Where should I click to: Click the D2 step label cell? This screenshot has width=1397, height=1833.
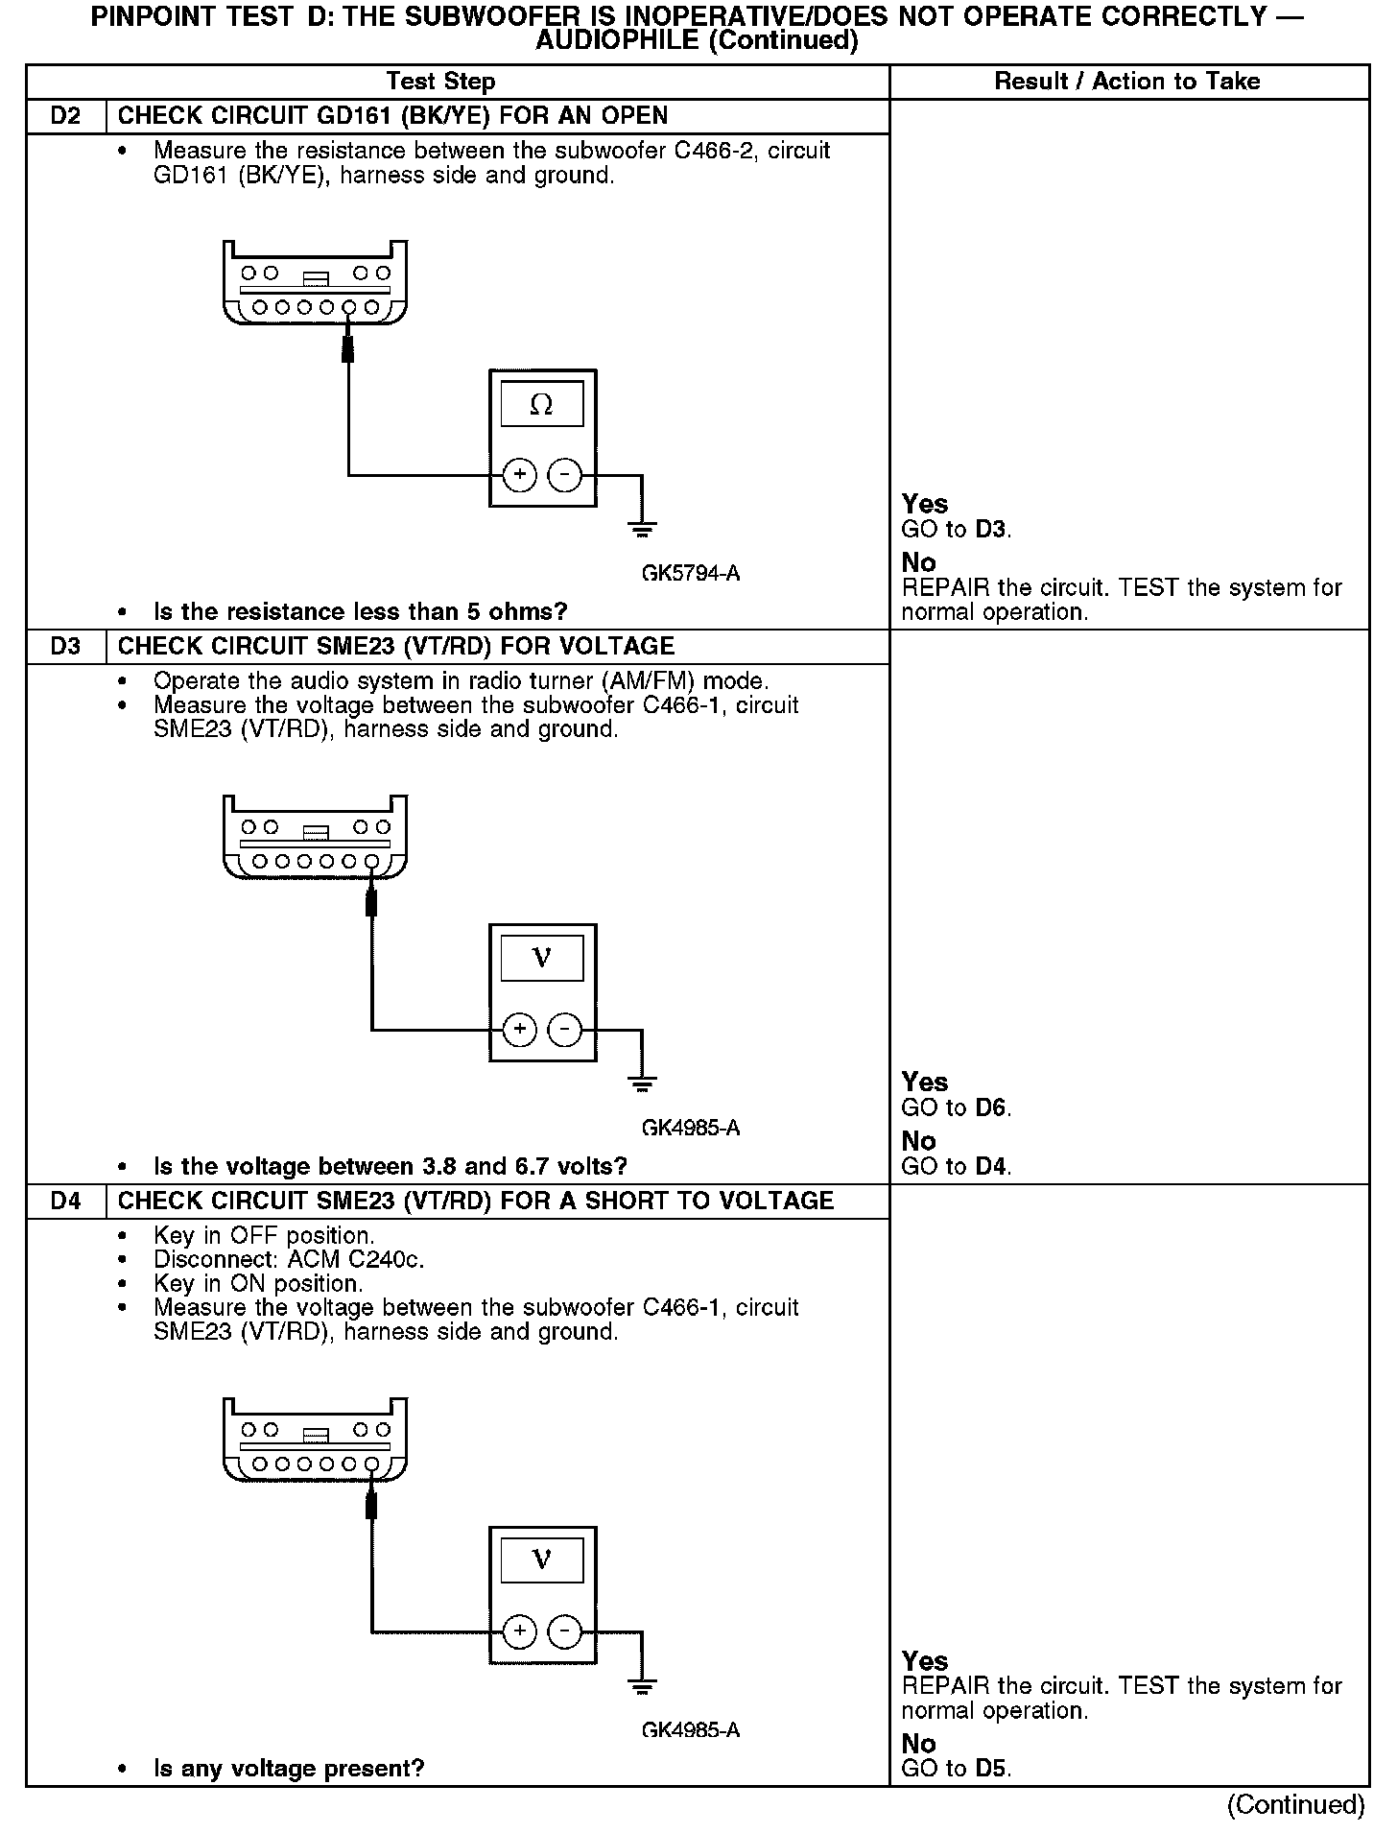point(66,116)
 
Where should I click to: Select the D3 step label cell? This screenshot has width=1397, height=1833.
point(66,647)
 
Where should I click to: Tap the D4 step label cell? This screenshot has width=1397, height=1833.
point(66,1202)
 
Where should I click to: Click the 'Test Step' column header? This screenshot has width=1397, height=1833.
point(440,82)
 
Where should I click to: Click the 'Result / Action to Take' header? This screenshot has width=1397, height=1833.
point(1127,82)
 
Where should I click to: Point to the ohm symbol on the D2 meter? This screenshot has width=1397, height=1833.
point(541,405)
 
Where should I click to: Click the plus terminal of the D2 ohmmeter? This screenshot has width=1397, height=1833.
point(519,475)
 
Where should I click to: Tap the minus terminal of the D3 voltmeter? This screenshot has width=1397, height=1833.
point(564,1030)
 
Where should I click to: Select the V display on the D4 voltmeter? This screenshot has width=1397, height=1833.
point(542,1560)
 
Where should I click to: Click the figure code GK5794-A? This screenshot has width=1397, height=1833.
point(691,574)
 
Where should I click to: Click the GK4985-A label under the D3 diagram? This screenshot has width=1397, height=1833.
point(691,1128)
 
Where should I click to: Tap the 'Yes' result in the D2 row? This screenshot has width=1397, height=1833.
point(925,504)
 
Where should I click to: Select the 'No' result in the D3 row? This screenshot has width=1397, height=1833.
point(918,1141)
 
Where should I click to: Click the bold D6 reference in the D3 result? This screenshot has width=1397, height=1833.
point(991,1108)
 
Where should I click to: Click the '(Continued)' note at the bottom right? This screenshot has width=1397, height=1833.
point(1295,1805)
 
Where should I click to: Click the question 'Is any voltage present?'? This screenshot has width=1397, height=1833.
point(289,1769)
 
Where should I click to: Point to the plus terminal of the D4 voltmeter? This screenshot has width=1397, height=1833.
point(519,1631)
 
